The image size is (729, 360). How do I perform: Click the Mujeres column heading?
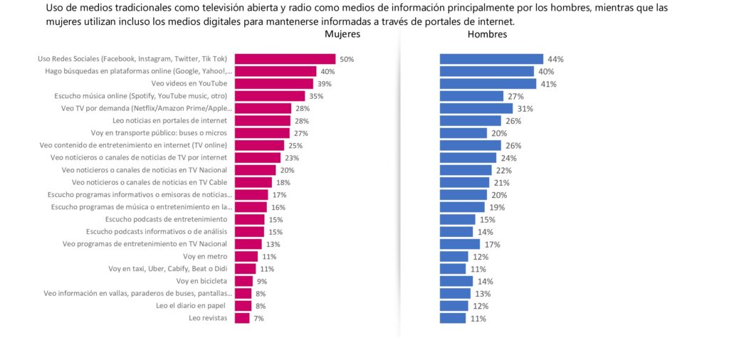tap(342, 34)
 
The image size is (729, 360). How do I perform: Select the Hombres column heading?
tap(487, 34)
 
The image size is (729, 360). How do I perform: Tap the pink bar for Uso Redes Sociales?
tap(285, 59)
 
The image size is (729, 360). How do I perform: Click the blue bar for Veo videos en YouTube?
tap(488, 84)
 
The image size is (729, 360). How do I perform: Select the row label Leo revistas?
tap(208, 318)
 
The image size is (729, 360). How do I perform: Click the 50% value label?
tap(347, 59)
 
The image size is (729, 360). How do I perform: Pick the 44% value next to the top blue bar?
tap(555, 59)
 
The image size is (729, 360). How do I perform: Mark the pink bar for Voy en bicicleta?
tap(243, 281)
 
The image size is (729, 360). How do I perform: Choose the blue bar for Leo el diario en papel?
tap(453, 306)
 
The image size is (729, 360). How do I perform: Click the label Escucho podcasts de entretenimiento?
tap(166, 219)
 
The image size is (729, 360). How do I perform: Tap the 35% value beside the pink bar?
tap(317, 96)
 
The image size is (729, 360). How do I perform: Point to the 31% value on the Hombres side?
tap(525, 109)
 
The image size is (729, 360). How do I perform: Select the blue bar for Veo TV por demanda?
tap(476, 109)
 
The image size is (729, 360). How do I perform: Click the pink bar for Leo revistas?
tap(242, 318)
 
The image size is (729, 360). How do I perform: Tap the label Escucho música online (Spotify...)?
tap(141, 96)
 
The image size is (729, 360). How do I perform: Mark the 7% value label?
tap(258, 319)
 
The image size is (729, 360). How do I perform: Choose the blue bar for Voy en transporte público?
tap(463, 133)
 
